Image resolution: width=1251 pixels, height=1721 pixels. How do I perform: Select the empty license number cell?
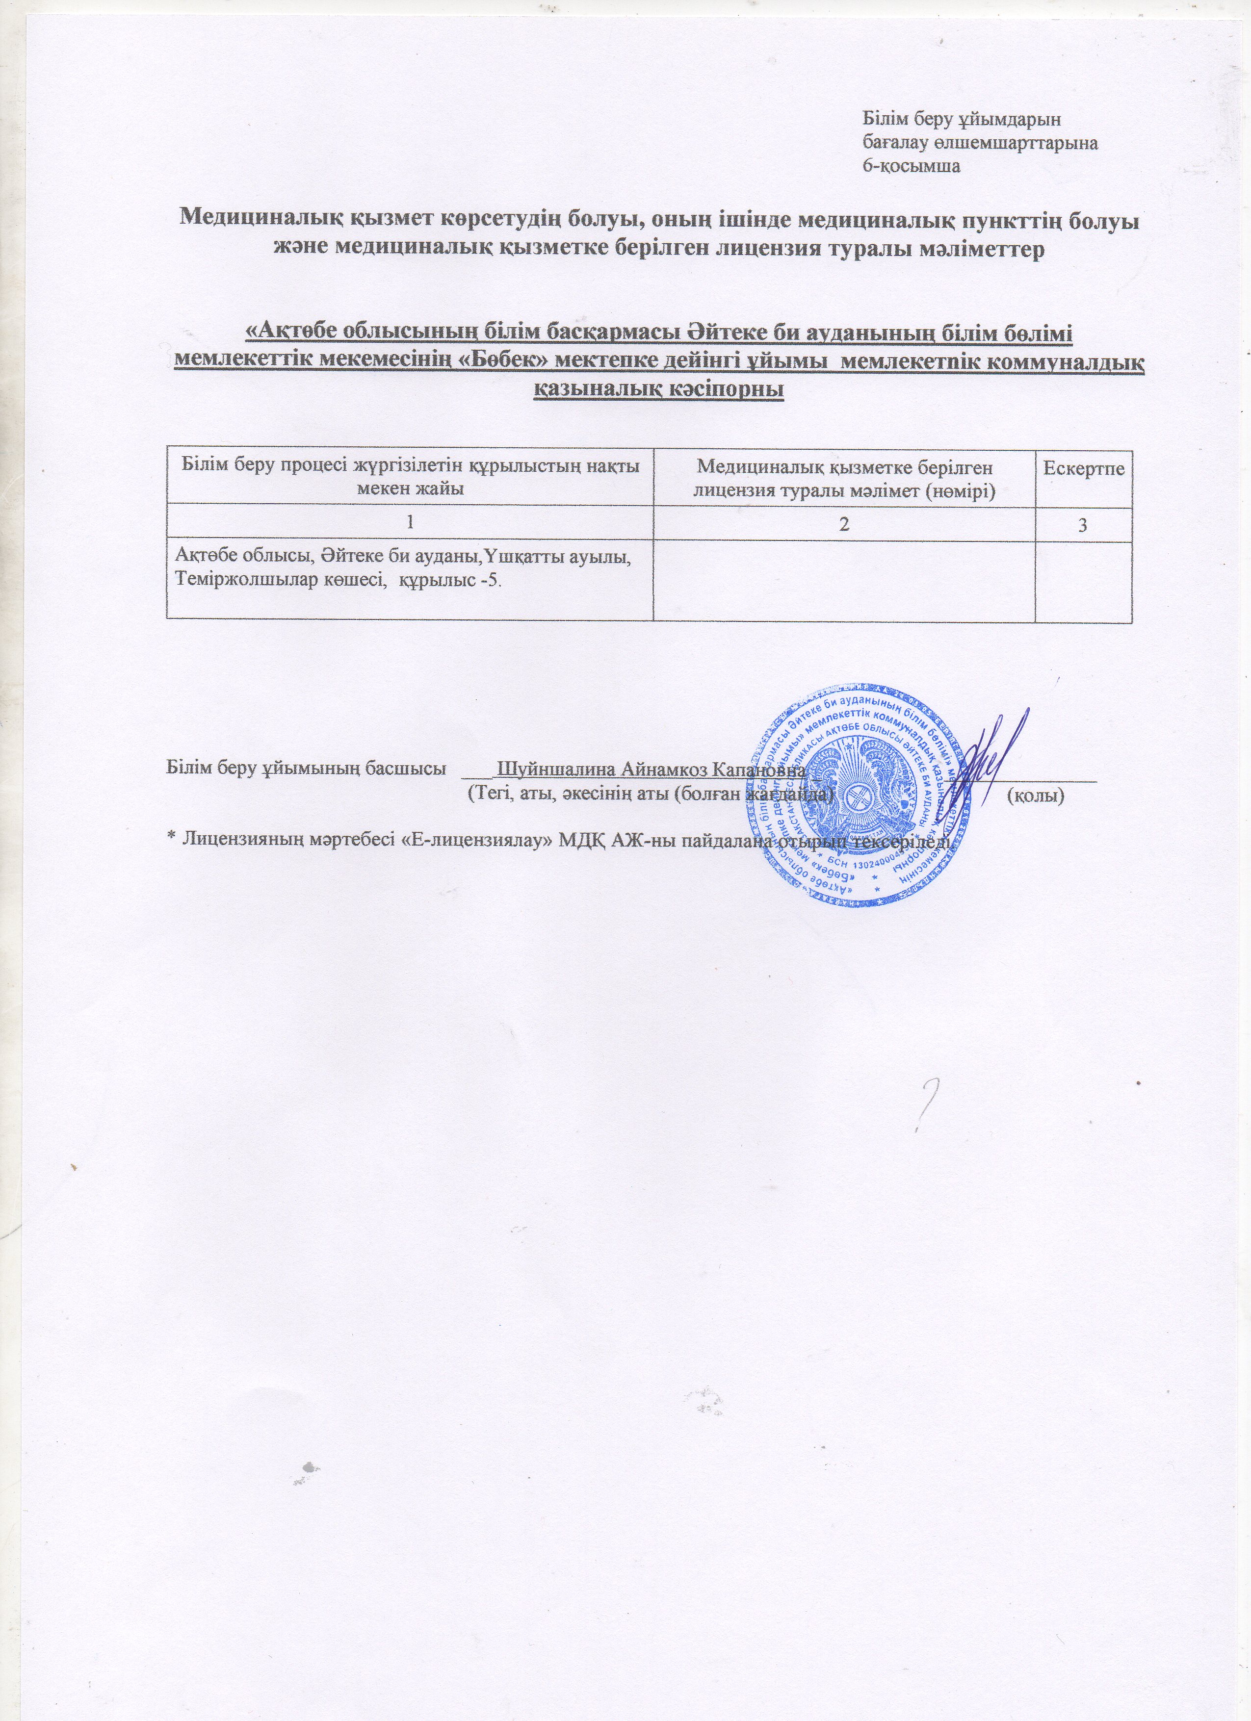tap(844, 581)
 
